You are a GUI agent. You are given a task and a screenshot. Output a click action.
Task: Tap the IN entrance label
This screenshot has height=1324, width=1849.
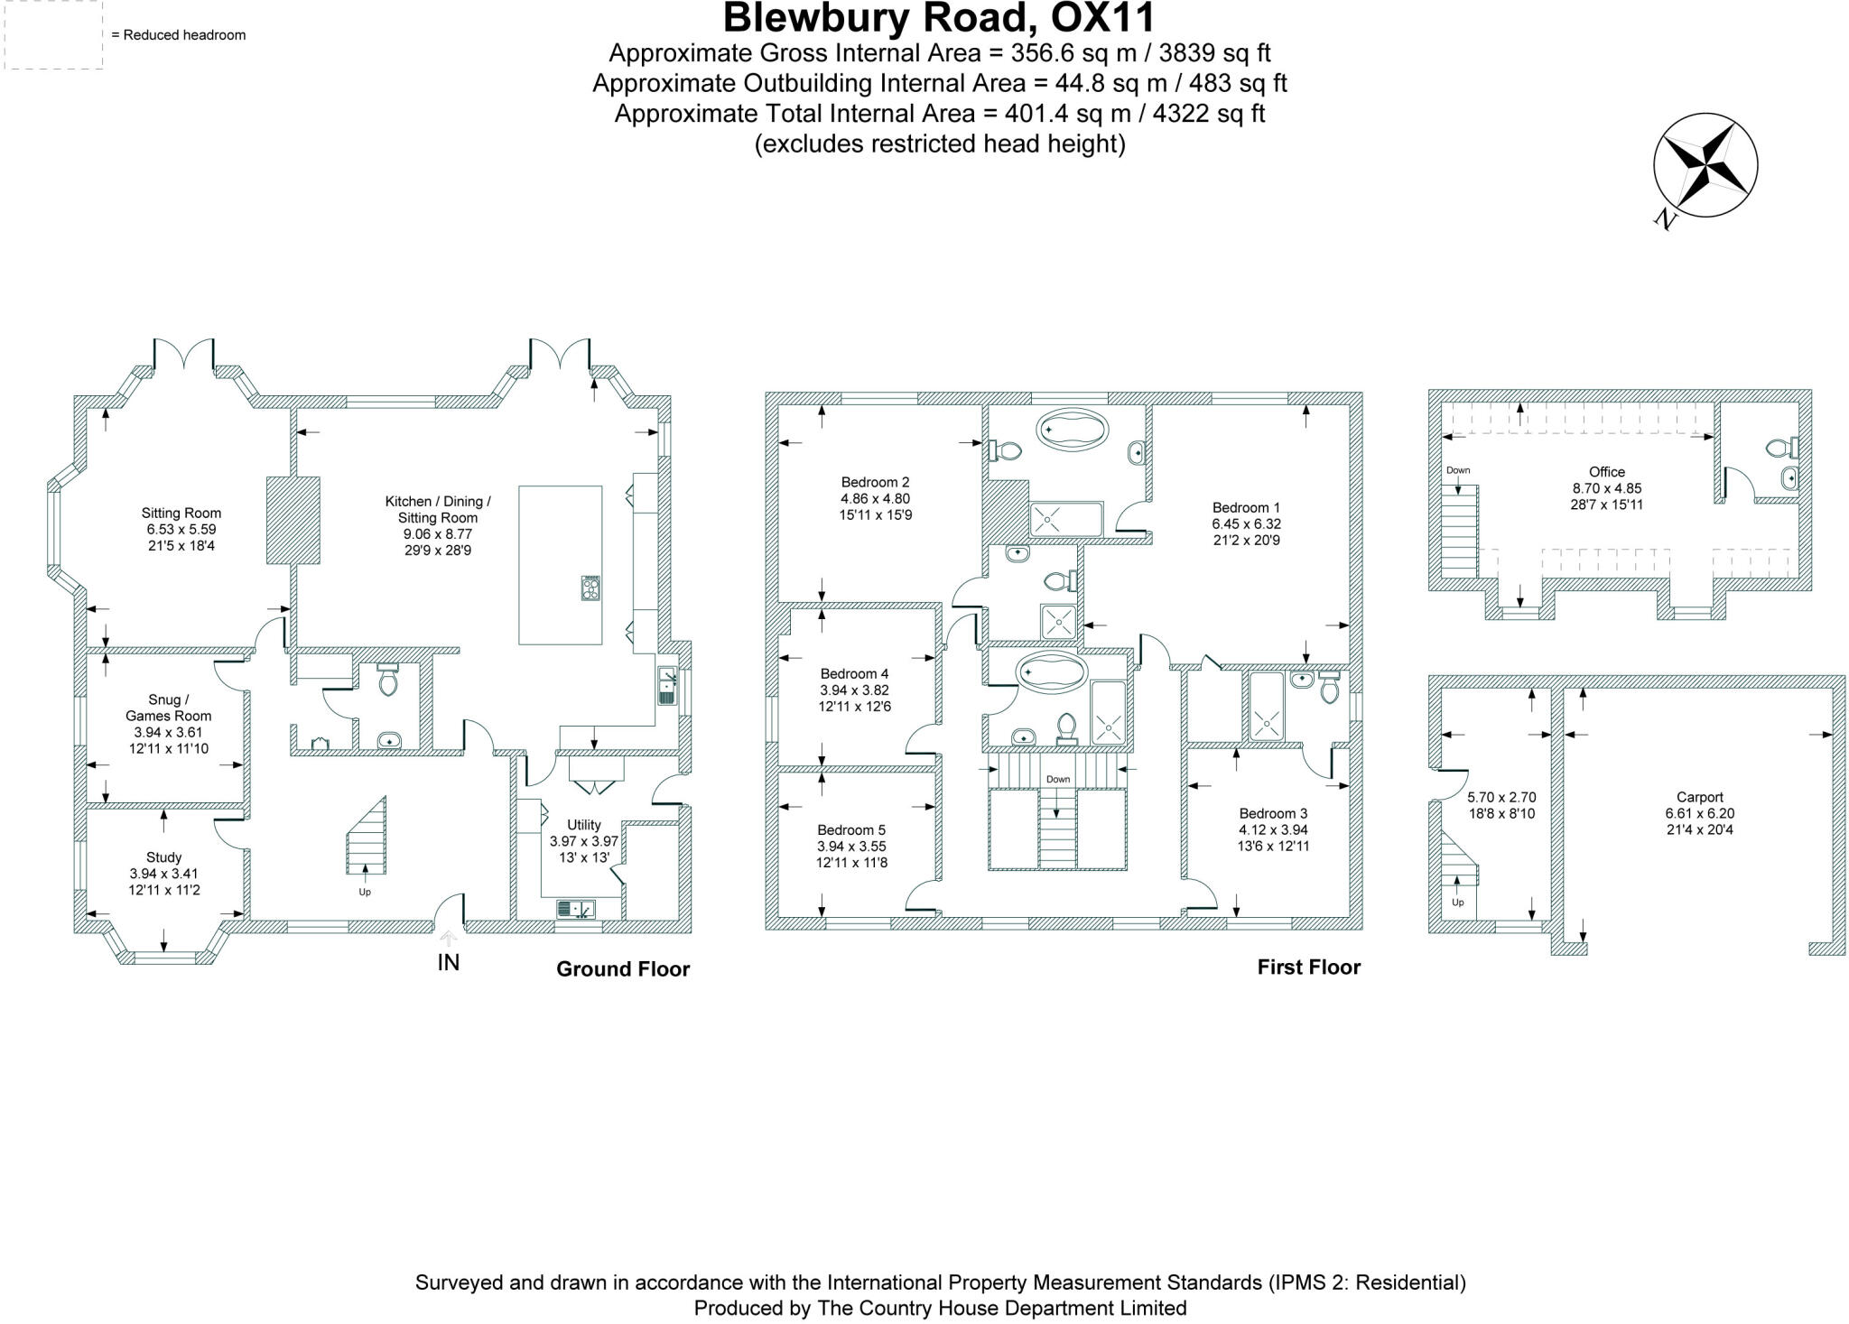[x=448, y=962]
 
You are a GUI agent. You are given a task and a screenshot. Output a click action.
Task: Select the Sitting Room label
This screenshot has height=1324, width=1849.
[x=181, y=513]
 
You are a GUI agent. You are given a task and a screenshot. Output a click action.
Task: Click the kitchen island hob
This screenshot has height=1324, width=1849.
[x=591, y=588]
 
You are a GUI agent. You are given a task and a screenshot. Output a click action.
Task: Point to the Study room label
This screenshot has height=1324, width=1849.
[x=163, y=856]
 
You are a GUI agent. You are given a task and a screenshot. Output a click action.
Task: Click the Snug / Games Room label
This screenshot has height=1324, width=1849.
[x=169, y=708]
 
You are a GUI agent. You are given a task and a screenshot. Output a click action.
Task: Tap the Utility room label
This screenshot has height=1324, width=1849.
[x=584, y=824]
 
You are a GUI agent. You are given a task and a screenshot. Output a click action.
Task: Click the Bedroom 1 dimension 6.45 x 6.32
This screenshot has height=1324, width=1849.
[x=1246, y=523]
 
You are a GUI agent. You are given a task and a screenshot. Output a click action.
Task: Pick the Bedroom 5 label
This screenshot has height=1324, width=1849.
[x=851, y=829]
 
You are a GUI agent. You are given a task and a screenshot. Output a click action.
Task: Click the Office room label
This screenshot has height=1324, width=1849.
[x=1606, y=471]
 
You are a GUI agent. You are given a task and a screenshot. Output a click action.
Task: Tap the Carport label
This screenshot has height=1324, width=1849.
[x=1699, y=797]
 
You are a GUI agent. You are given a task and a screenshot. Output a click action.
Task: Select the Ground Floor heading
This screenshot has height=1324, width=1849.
[x=623, y=968]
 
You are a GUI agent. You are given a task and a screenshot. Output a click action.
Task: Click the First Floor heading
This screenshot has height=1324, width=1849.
[x=1308, y=967]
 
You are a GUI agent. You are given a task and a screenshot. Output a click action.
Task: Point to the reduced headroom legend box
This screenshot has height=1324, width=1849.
[x=53, y=34]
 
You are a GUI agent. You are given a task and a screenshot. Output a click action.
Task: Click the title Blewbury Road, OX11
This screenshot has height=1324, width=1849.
[x=939, y=18]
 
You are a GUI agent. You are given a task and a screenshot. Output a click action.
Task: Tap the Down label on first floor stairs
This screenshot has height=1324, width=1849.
[x=1057, y=779]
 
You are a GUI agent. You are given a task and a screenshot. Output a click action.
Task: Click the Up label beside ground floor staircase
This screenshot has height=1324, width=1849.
[x=365, y=892]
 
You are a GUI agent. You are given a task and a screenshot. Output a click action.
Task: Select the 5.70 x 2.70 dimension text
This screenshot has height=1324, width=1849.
[x=1501, y=797]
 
